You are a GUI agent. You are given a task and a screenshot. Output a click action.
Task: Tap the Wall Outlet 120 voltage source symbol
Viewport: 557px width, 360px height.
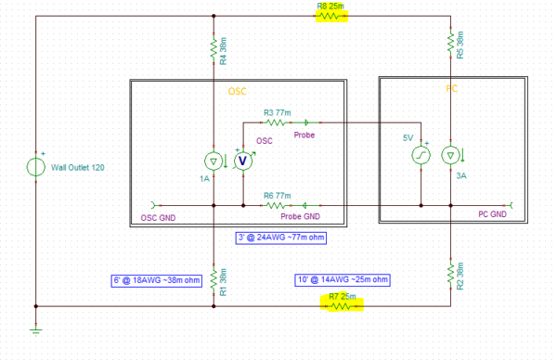[35, 168]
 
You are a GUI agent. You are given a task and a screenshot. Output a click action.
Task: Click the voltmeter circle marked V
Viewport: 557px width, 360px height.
[243, 160]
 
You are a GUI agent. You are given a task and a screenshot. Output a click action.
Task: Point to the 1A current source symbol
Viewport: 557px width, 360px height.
[214, 160]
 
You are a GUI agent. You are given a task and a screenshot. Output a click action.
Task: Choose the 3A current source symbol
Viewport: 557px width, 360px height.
[450, 155]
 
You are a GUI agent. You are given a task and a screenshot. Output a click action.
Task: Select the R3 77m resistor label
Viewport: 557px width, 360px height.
[278, 110]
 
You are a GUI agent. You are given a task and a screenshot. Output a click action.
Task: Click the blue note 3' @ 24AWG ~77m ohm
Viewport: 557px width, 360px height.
[283, 238]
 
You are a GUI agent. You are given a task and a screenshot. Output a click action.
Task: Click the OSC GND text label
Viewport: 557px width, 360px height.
[158, 218]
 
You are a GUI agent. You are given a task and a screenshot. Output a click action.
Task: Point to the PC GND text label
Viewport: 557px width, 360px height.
[492, 214]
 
